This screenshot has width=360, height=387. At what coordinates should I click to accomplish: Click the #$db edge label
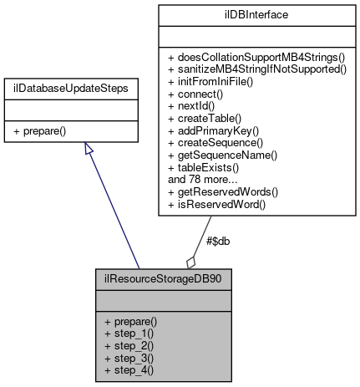tap(217, 241)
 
